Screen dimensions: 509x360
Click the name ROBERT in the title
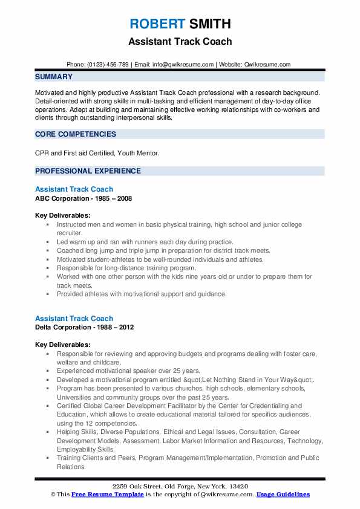pos(156,24)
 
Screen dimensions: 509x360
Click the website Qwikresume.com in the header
pos(268,64)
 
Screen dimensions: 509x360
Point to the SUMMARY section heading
pos(54,77)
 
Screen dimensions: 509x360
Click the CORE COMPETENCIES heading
pos(76,134)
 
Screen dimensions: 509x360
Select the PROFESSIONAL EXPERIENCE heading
pos(88,171)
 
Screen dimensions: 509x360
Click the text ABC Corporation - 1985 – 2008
pos(83,198)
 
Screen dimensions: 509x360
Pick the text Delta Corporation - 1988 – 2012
pos(84,328)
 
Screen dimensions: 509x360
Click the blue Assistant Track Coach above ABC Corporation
pos(74,189)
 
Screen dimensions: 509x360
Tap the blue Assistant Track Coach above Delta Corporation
pos(74,319)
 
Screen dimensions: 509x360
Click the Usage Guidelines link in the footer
pos(283,494)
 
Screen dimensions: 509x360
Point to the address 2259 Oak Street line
pos(180,487)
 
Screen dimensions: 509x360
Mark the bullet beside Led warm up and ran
pos(47,242)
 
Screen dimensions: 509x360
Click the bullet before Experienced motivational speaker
pos(47,371)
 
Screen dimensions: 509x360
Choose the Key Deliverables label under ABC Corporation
pos(63,215)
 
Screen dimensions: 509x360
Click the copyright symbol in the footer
pos(53,494)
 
